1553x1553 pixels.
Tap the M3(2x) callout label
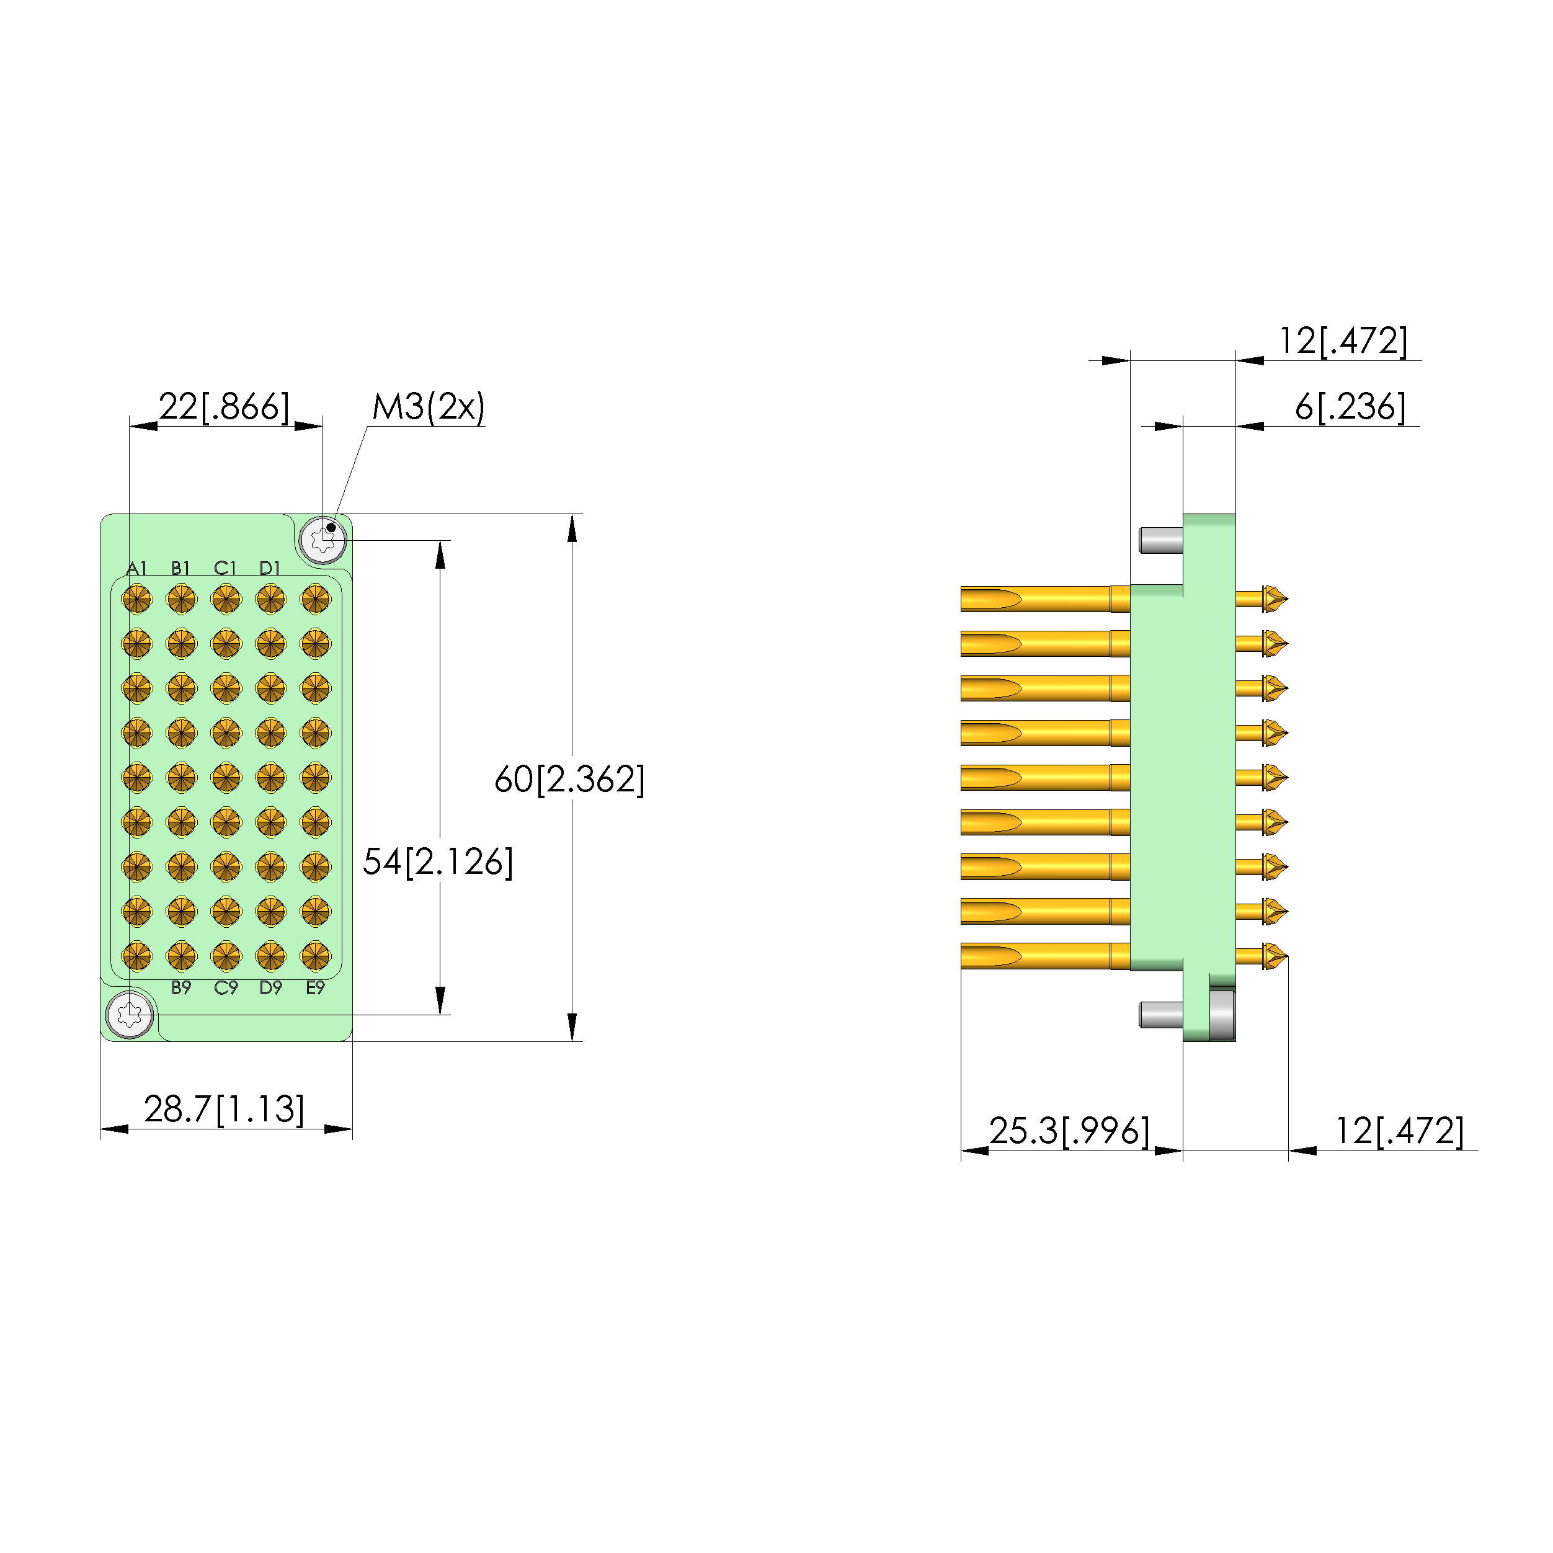click(429, 407)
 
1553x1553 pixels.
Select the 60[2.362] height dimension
click(569, 779)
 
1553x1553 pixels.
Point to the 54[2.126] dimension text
click(438, 861)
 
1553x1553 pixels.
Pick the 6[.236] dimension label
click(1350, 407)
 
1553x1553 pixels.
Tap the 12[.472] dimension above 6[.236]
click(1343, 341)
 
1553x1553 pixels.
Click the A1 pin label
click(136, 568)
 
